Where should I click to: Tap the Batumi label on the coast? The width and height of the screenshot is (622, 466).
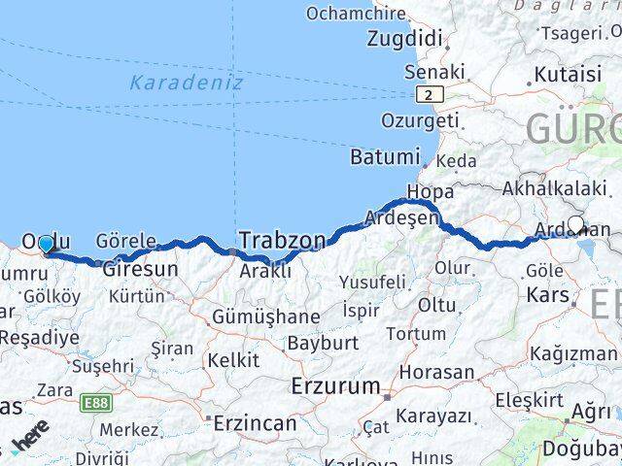tap(386, 156)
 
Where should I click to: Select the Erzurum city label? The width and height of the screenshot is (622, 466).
tap(336, 385)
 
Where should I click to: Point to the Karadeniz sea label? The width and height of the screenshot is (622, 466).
tap(186, 83)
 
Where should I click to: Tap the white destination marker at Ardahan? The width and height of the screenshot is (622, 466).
tap(575, 225)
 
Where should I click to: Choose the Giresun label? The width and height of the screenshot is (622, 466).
tap(141, 268)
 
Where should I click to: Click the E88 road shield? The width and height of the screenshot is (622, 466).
tap(96, 402)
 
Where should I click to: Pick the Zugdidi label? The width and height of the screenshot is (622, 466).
tap(405, 40)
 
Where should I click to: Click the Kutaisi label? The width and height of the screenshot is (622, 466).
tap(569, 74)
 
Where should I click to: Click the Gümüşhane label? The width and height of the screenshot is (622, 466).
tap(254, 316)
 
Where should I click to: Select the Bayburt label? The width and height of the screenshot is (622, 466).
tap(323, 343)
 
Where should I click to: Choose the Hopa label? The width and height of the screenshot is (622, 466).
tap(430, 191)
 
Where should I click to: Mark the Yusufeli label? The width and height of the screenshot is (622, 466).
tap(372, 282)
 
